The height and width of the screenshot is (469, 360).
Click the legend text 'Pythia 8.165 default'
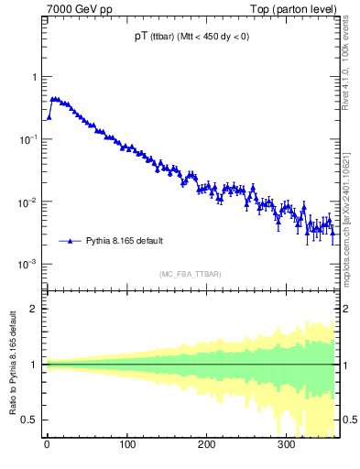(x=125, y=241)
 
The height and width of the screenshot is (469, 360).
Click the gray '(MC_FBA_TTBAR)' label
(x=190, y=274)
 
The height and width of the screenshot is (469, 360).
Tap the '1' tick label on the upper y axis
(x=36, y=77)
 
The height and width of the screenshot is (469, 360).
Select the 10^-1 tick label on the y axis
(x=30, y=138)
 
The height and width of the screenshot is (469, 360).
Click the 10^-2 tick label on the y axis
(x=30, y=202)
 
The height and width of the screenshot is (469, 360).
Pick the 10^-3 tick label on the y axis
(x=30, y=264)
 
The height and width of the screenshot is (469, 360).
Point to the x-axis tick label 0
(x=47, y=446)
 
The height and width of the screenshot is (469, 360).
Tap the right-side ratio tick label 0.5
(x=348, y=420)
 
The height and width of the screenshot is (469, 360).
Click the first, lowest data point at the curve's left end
(x=49, y=117)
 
